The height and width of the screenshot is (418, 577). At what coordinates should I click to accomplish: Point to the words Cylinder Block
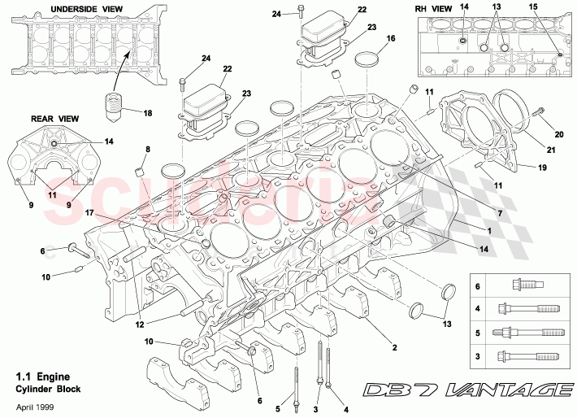pos(49,390)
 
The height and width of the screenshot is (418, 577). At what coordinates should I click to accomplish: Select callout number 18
pos(147,112)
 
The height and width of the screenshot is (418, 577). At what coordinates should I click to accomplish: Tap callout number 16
pos(391,38)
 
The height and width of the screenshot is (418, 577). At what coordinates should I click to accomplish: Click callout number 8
pos(147,150)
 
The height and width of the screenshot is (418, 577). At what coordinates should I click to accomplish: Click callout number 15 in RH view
pos(555,7)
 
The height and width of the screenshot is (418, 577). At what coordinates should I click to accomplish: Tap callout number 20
pos(558,134)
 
